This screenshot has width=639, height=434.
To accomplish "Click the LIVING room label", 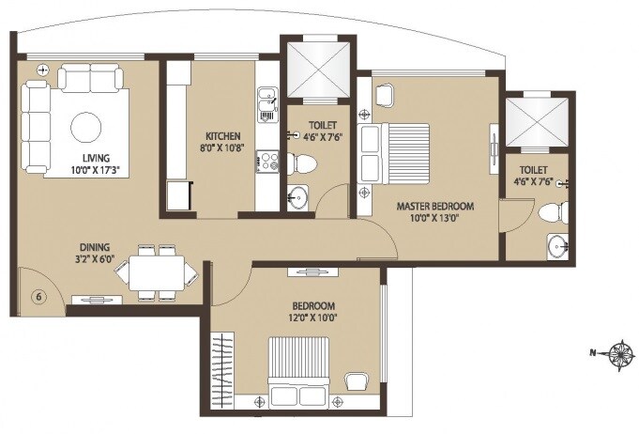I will click(x=96, y=157).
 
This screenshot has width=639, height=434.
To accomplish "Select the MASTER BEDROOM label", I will click(x=434, y=207).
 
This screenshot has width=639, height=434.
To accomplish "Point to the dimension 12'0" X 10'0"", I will click(x=313, y=318).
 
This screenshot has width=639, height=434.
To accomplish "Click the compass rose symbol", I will click(x=620, y=353).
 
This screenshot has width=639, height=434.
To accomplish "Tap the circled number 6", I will click(x=38, y=297).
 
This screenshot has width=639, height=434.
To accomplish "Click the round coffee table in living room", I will click(x=87, y=126).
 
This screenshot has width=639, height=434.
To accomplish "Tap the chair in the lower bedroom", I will click(x=356, y=380).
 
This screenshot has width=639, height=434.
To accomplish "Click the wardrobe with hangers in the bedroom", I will click(x=222, y=371).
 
